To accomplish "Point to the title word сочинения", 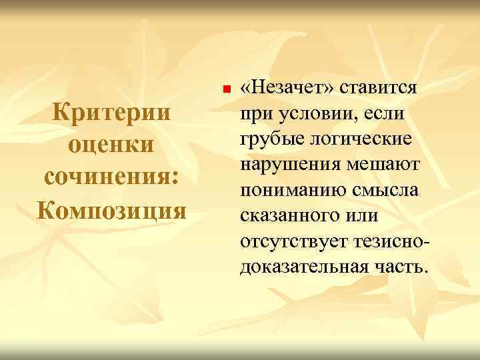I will [x=110, y=177].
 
